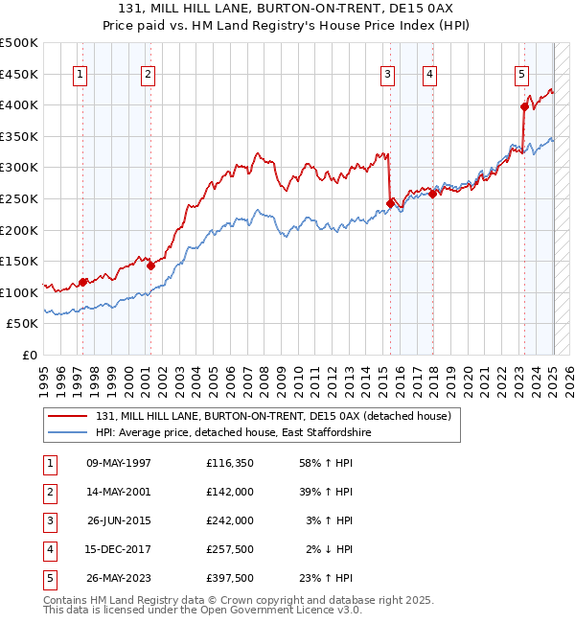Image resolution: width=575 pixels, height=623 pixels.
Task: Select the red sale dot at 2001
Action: click(x=151, y=266)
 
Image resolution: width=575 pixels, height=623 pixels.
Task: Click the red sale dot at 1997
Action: click(x=83, y=282)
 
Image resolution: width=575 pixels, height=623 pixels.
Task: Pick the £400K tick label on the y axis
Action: click(x=19, y=104)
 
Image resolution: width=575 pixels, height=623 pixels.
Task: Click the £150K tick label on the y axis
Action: click(x=19, y=261)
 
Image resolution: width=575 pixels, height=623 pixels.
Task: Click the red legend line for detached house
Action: click(x=69, y=416)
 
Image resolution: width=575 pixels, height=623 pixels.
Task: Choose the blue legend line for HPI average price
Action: click(x=69, y=433)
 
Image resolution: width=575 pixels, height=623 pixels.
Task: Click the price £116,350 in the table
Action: click(x=229, y=464)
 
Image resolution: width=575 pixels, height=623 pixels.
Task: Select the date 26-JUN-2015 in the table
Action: click(x=119, y=520)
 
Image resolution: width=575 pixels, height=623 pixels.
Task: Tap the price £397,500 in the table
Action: click(x=229, y=578)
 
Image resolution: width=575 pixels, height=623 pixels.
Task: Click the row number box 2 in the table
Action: click(x=50, y=493)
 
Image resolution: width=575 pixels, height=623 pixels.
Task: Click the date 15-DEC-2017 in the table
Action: click(x=119, y=549)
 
